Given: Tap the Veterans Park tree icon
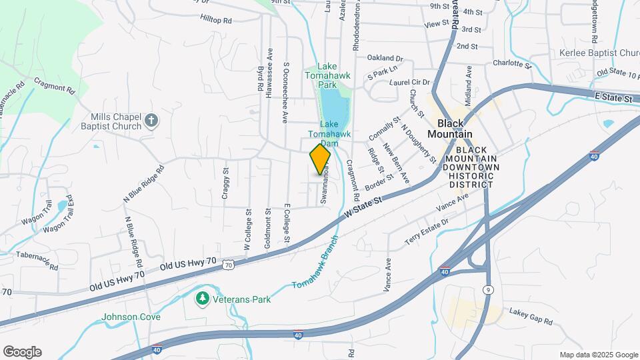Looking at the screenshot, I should (x=203, y=299).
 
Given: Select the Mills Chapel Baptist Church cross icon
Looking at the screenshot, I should (x=151, y=121).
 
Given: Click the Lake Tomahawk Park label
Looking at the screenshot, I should (x=327, y=75).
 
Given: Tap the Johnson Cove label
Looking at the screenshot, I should (x=131, y=317).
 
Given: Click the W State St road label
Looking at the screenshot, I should (x=367, y=207).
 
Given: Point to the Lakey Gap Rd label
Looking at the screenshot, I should (x=531, y=316).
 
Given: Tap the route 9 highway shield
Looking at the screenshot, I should (x=488, y=289).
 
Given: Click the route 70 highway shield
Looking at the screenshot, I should (x=228, y=265).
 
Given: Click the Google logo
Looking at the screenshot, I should (x=21, y=351).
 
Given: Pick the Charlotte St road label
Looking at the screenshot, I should (x=511, y=64).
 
